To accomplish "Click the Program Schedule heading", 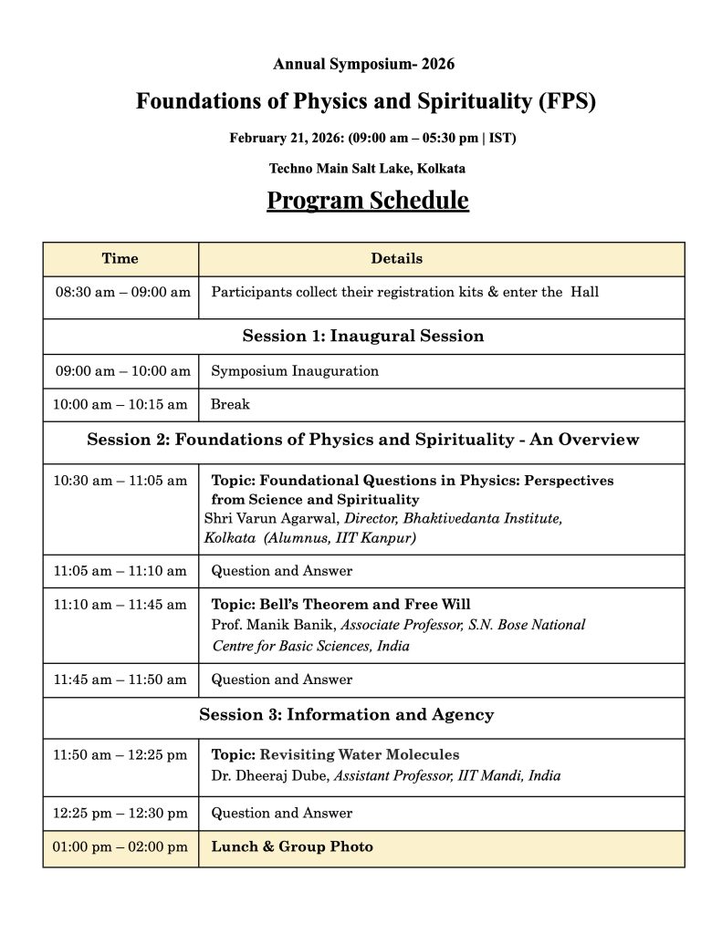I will click(x=367, y=200).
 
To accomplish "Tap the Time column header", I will click(x=120, y=259).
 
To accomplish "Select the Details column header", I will click(x=396, y=259).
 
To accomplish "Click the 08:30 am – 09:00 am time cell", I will click(x=122, y=293).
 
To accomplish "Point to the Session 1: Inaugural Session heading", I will click(x=362, y=336).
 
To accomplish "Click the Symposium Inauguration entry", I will click(x=294, y=371).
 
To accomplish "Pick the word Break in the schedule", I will click(x=230, y=404).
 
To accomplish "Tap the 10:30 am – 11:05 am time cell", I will click(x=120, y=480).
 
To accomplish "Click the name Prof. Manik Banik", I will click(x=273, y=626).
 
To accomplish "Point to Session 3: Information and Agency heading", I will click(x=346, y=715).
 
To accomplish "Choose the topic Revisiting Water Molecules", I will click(x=360, y=755).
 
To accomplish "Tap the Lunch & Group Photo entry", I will click(x=292, y=847).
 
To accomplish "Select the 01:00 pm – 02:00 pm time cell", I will click(x=120, y=847).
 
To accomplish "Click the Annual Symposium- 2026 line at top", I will click(x=363, y=64).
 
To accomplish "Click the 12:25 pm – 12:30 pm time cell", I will click(x=120, y=813).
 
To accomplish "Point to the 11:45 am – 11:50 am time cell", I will click(x=120, y=680).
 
